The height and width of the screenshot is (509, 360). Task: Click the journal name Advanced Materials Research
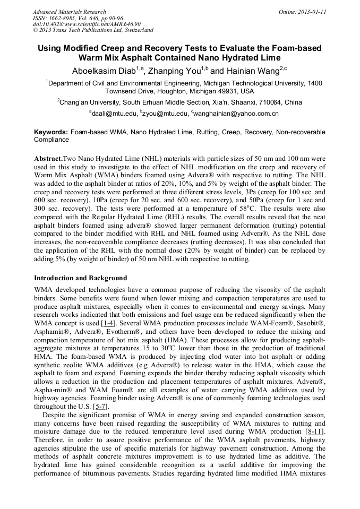pos(70,12)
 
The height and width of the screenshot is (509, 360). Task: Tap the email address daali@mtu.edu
pos(114,113)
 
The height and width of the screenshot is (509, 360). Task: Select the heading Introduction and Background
pos(80,278)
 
